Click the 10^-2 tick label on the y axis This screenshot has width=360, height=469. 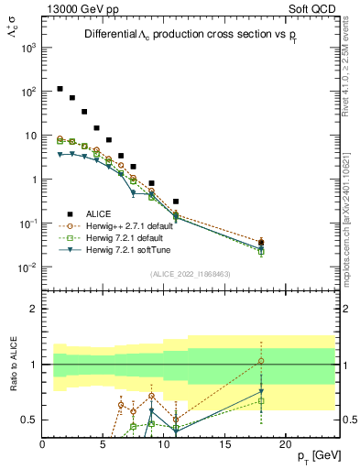pos(27,267)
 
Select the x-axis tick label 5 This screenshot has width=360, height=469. pos(104,445)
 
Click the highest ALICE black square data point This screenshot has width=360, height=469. pos(60,89)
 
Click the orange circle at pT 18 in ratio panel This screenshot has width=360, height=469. pos(261,361)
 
